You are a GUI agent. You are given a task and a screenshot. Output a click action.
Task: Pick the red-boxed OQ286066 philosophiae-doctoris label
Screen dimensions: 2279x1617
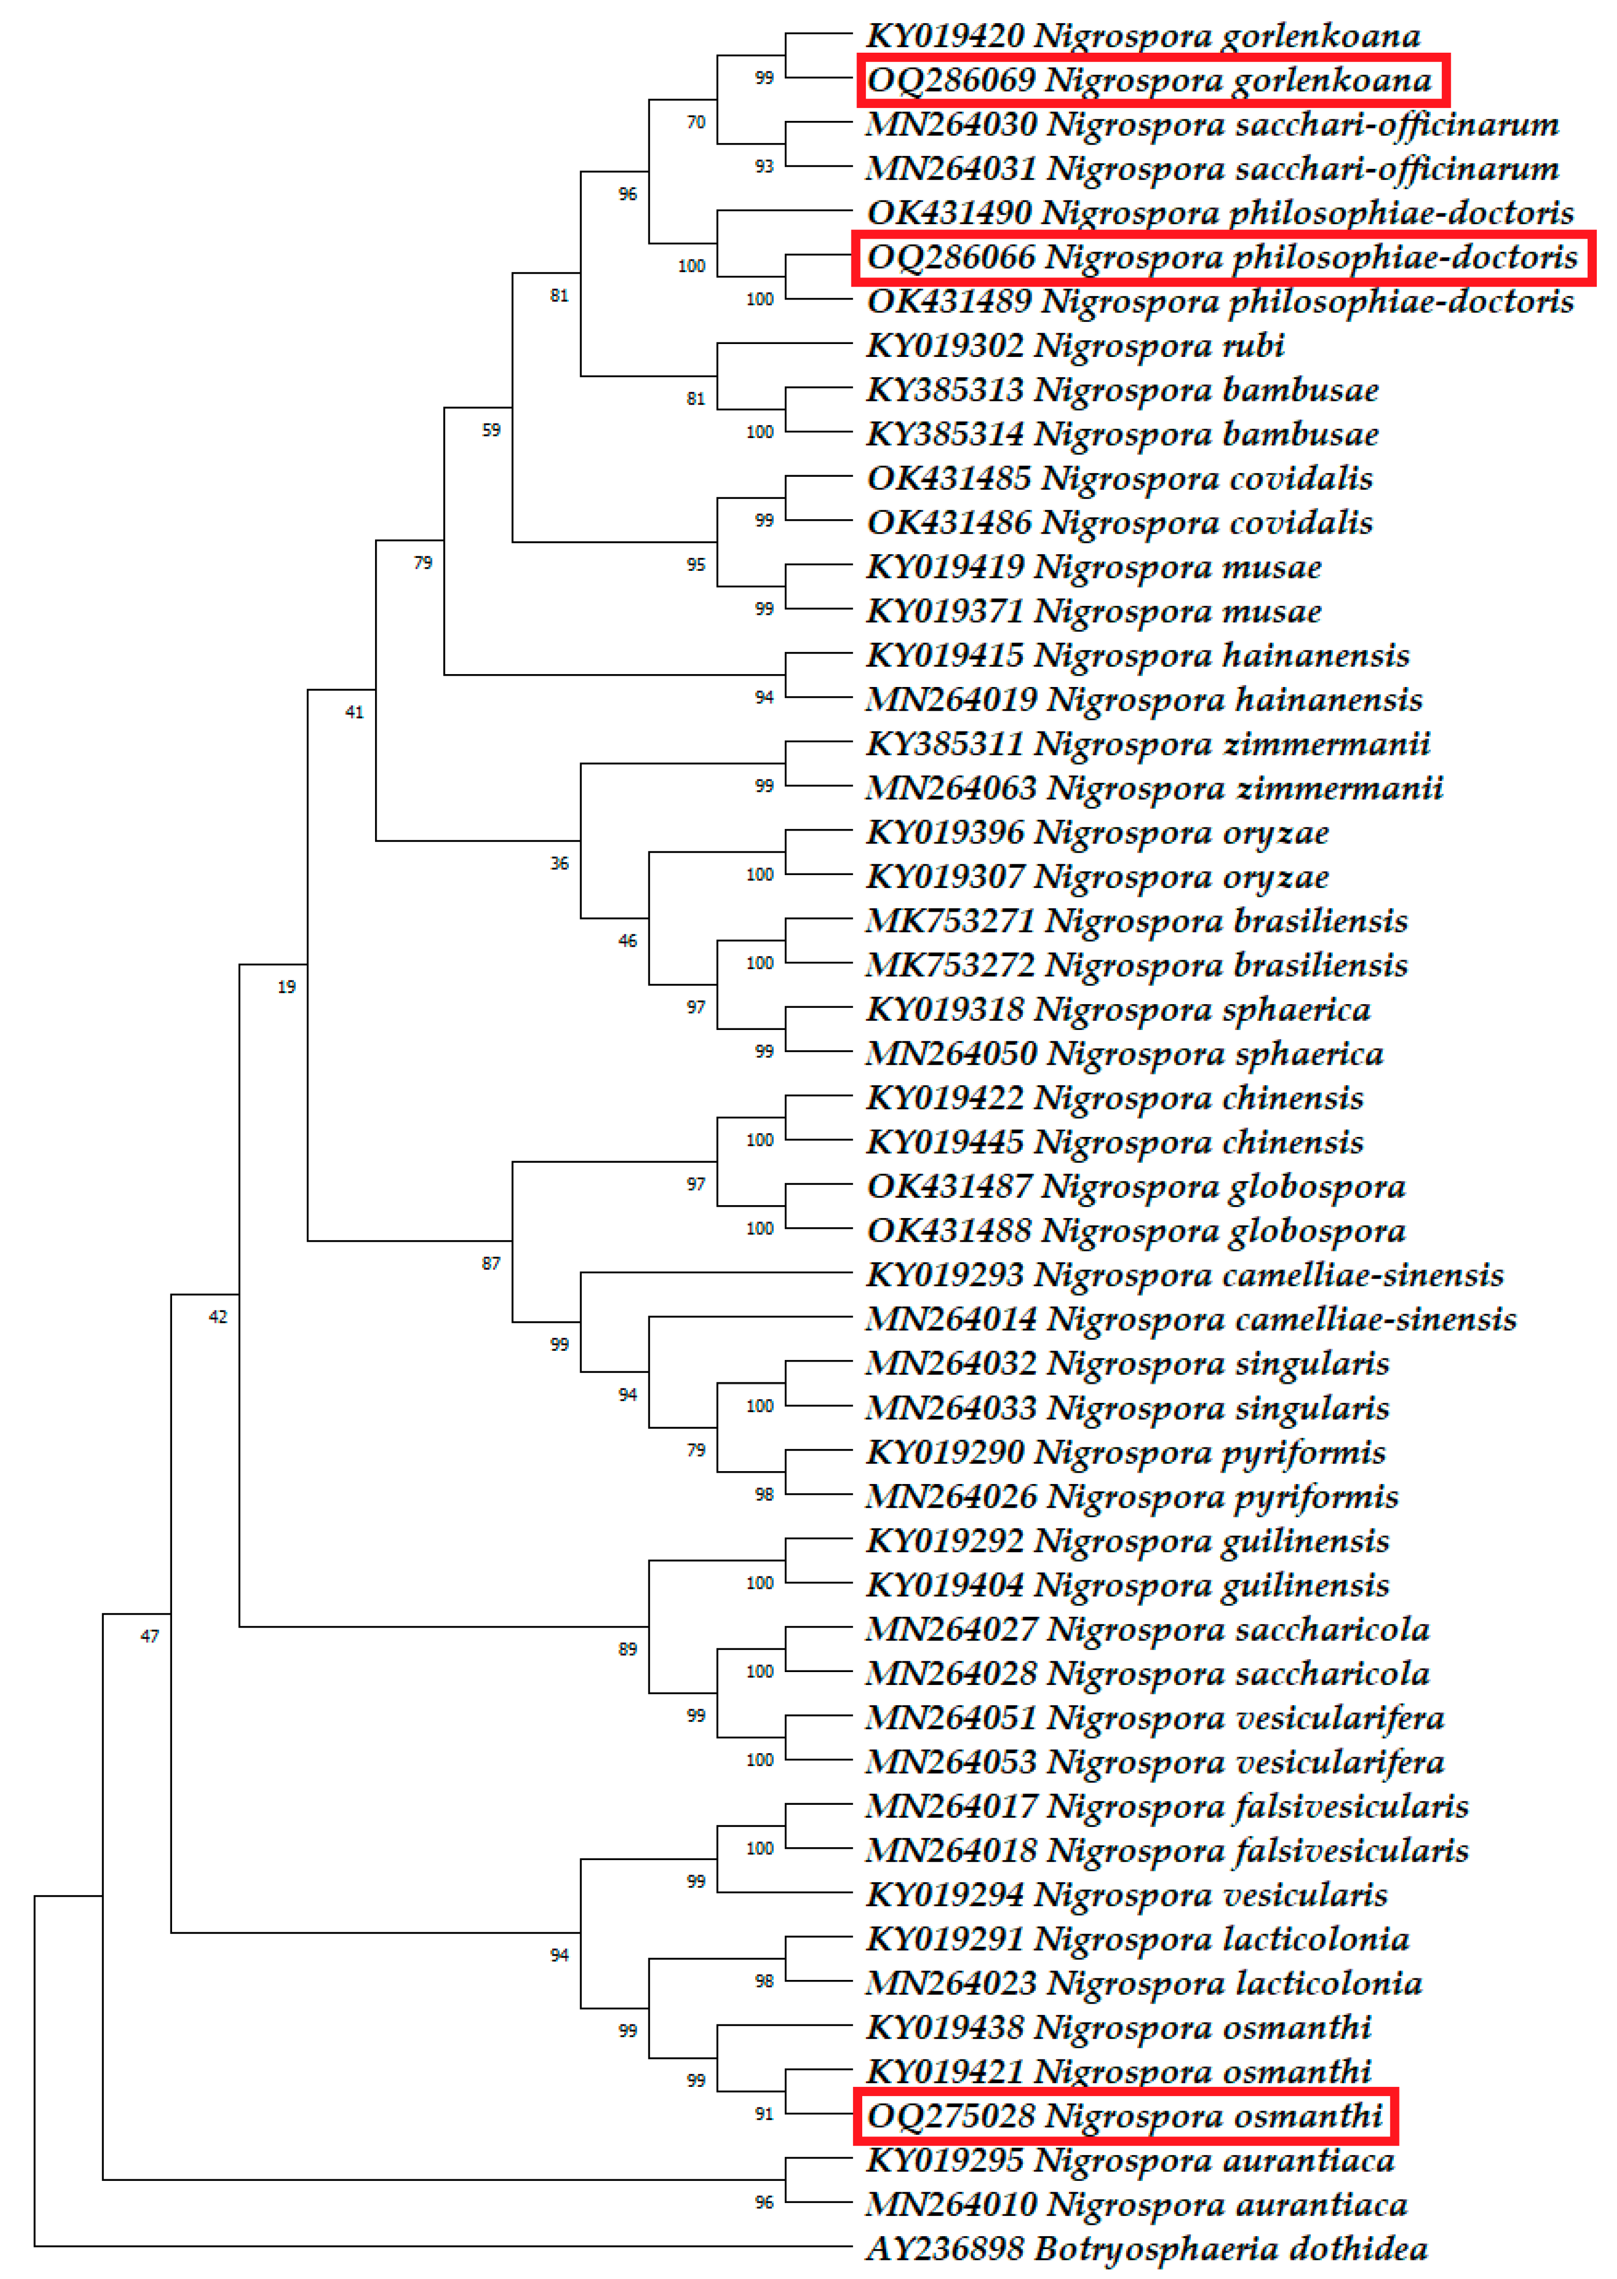(1222, 257)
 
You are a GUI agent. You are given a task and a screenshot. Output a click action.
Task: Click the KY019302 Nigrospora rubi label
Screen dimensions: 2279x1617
(1076, 346)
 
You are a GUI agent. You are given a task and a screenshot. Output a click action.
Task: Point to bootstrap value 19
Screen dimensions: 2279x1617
(287, 987)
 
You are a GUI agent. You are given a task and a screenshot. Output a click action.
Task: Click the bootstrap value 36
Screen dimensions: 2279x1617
(559, 863)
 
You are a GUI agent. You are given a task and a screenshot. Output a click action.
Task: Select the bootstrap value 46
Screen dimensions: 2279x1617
(627, 940)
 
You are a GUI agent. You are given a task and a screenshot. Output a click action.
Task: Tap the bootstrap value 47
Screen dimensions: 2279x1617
(149, 1636)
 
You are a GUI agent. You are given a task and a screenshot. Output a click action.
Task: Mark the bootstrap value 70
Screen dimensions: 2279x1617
(696, 122)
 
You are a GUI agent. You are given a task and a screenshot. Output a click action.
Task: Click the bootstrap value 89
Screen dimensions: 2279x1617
(627, 1649)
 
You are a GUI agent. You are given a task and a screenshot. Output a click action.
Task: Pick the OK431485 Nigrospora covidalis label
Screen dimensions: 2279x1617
(1119, 478)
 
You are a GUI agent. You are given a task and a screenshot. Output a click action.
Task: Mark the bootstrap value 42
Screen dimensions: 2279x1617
(218, 1316)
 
